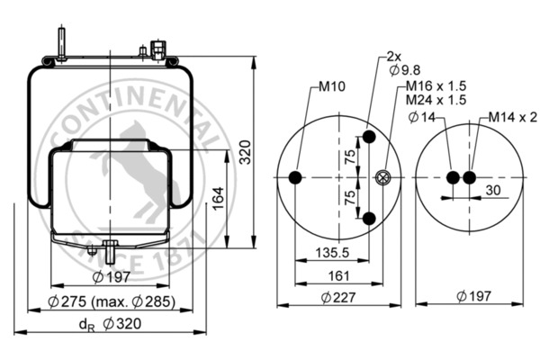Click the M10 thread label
pyautogui.click(x=332, y=88)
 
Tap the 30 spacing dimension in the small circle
pyautogui.click(x=492, y=190)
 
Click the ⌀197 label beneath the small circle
pyautogui.click(x=473, y=297)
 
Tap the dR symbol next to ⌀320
pyautogui.click(x=85, y=324)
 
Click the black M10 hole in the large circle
pyautogui.click(x=297, y=178)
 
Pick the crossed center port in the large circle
pyautogui.click(x=384, y=178)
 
